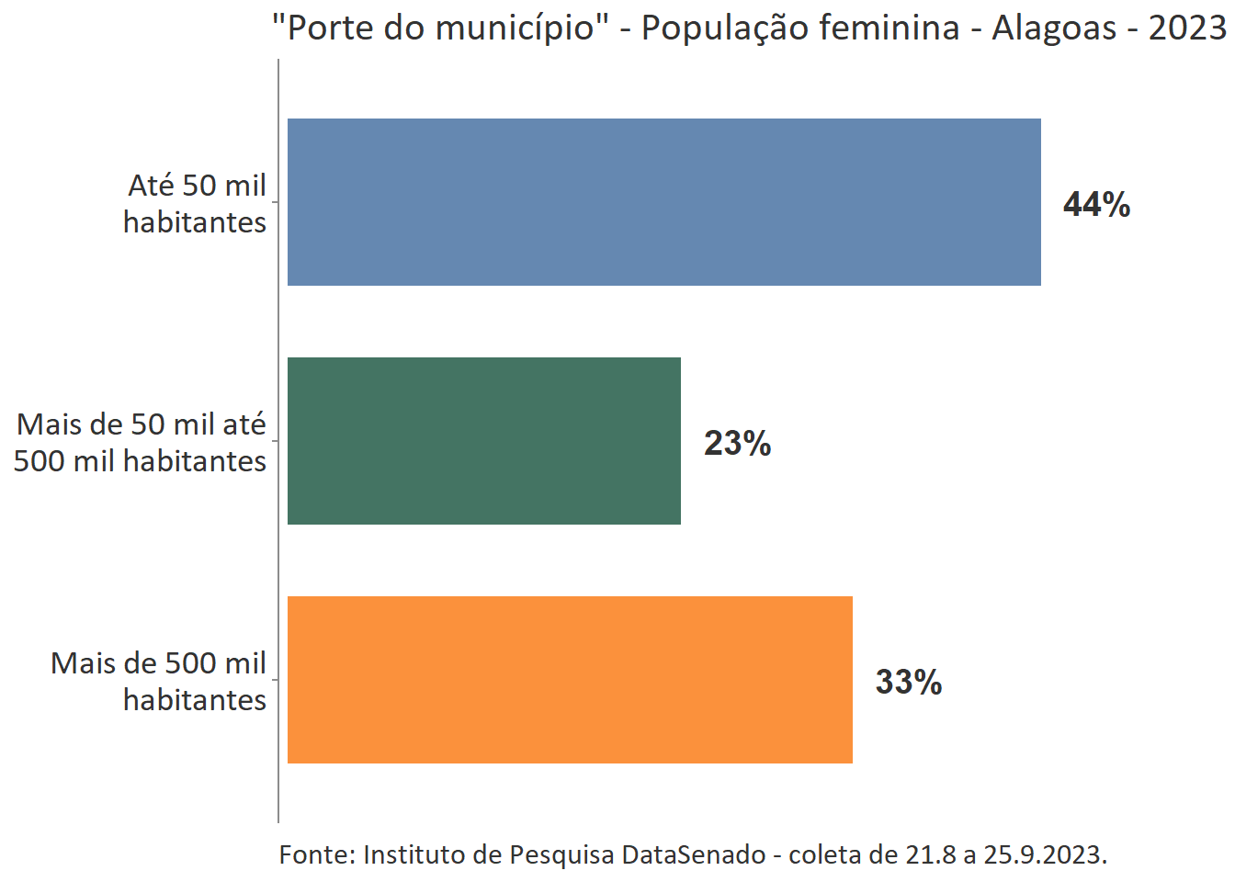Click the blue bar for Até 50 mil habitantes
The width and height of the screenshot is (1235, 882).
pos(663,202)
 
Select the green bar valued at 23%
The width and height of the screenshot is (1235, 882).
pos(483,441)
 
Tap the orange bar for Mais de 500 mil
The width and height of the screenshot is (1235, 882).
pos(570,680)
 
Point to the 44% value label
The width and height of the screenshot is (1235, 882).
pos(1096,204)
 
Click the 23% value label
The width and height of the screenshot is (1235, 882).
pos(737,443)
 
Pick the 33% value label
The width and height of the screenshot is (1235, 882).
pos(908,682)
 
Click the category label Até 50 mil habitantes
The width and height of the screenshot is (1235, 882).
pos(196,203)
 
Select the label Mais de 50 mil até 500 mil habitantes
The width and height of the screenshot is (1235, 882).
pos(141,442)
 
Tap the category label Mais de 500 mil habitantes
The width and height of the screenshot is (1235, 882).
pos(159,681)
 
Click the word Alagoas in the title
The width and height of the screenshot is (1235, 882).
pos(1053,28)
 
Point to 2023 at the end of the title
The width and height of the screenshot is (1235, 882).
pos(1186,28)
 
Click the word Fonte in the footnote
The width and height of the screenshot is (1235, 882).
pos(316,854)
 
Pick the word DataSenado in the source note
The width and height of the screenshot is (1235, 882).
pos(693,854)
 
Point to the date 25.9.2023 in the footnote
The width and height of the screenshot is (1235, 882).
pos(1044,854)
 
